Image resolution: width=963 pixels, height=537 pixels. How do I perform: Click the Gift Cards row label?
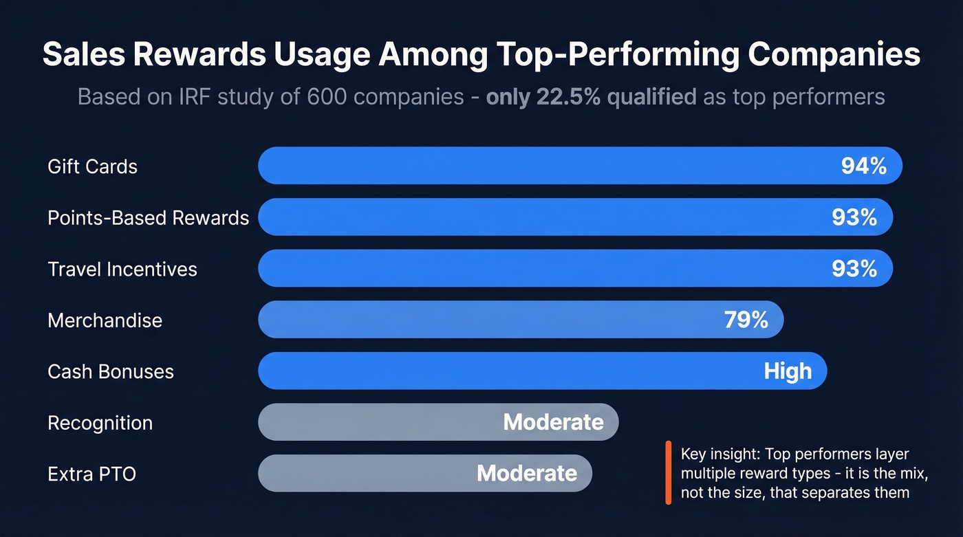[x=92, y=166]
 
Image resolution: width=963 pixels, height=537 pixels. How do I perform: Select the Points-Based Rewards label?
[x=148, y=218]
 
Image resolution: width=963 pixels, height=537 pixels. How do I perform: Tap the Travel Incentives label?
[x=122, y=269]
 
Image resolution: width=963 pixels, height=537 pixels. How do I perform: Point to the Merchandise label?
[x=105, y=320]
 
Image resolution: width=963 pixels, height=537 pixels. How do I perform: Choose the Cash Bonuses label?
[x=111, y=371]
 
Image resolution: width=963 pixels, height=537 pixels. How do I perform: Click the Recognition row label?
[x=100, y=423]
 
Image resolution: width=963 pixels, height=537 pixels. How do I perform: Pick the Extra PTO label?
[x=91, y=474]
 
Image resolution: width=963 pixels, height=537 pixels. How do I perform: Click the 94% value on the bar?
[x=863, y=166]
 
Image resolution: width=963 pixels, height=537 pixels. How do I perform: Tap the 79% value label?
[x=746, y=320]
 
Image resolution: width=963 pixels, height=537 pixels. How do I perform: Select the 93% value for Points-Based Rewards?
[x=854, y=217]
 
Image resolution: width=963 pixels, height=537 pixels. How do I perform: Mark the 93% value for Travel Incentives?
[x=854, y=268]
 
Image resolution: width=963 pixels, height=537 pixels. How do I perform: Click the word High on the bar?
[x=788, y=371]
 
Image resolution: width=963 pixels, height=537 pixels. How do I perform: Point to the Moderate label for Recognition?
[x=553, y=422]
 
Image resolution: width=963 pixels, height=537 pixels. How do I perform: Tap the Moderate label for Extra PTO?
[x=527, y=473]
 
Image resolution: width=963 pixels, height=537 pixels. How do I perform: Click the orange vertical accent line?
[x=668, y=473]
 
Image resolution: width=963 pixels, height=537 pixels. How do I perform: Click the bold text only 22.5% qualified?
[x=591, y=96]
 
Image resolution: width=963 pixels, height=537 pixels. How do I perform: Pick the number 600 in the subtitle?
[x=327, y=96]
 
